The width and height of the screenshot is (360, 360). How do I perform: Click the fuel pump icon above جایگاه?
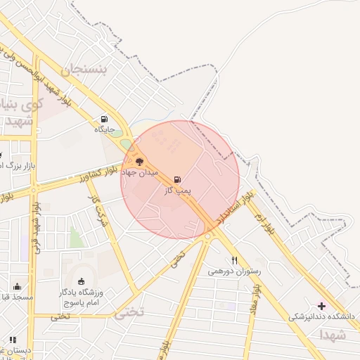point(105,119)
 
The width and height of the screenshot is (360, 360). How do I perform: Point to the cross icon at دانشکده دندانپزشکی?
point(323,306)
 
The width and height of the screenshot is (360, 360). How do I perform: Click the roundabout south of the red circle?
point(208,236)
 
